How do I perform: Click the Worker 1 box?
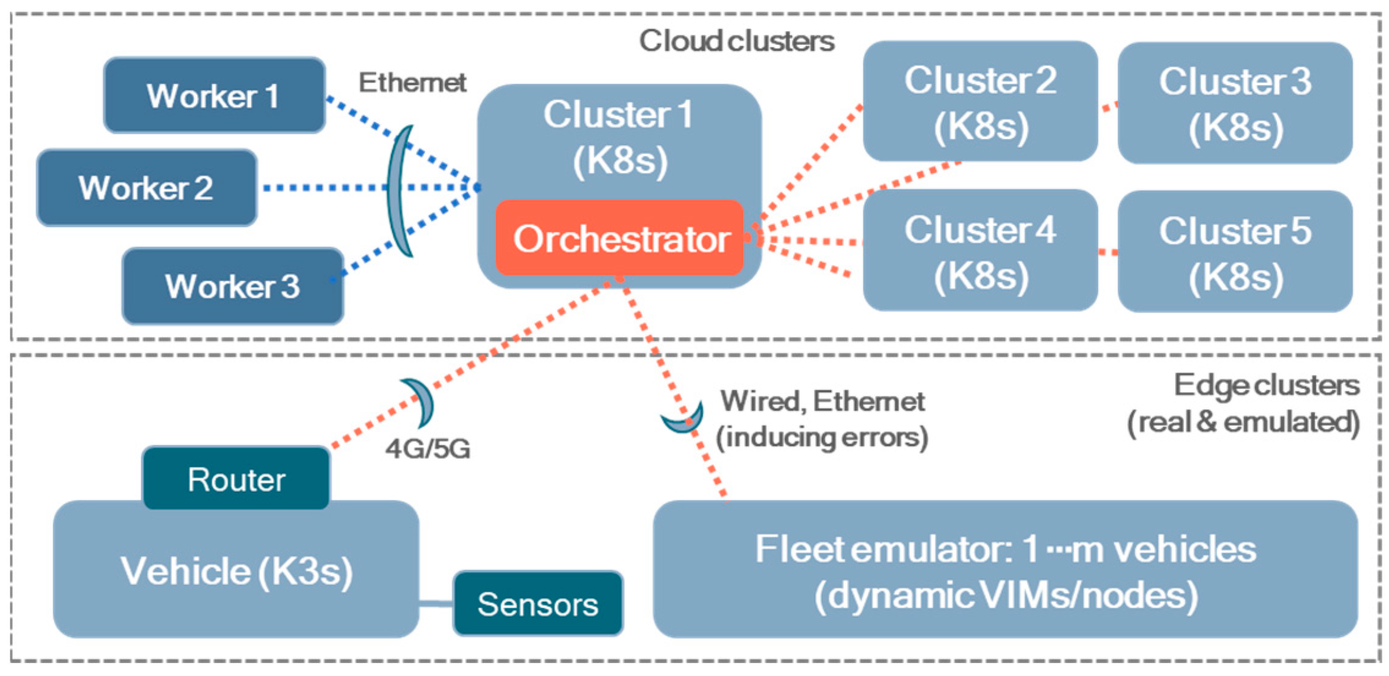[214, 95]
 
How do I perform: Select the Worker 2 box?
[146, 187]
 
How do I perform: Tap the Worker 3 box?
[233, 286]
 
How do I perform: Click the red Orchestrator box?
[619, 238]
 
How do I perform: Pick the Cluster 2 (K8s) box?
[980, 102]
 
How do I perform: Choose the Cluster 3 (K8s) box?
[1235, 103]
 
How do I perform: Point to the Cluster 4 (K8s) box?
[980, 250]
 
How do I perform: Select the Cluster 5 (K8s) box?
[1235, 251]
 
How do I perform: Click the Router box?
[236, 478]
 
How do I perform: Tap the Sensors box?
[538, 604]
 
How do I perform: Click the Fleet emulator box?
[1005, 570]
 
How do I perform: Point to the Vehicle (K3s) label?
[236, 571]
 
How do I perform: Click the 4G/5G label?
[428, 449]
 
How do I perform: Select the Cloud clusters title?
[737, 42]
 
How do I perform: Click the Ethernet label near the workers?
[412, 83]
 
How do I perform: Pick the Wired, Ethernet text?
[822, 401]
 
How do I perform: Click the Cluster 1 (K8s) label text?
[619, 137]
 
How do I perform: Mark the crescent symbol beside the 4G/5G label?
[419, 402]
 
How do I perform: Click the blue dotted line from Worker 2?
[370, 188]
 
